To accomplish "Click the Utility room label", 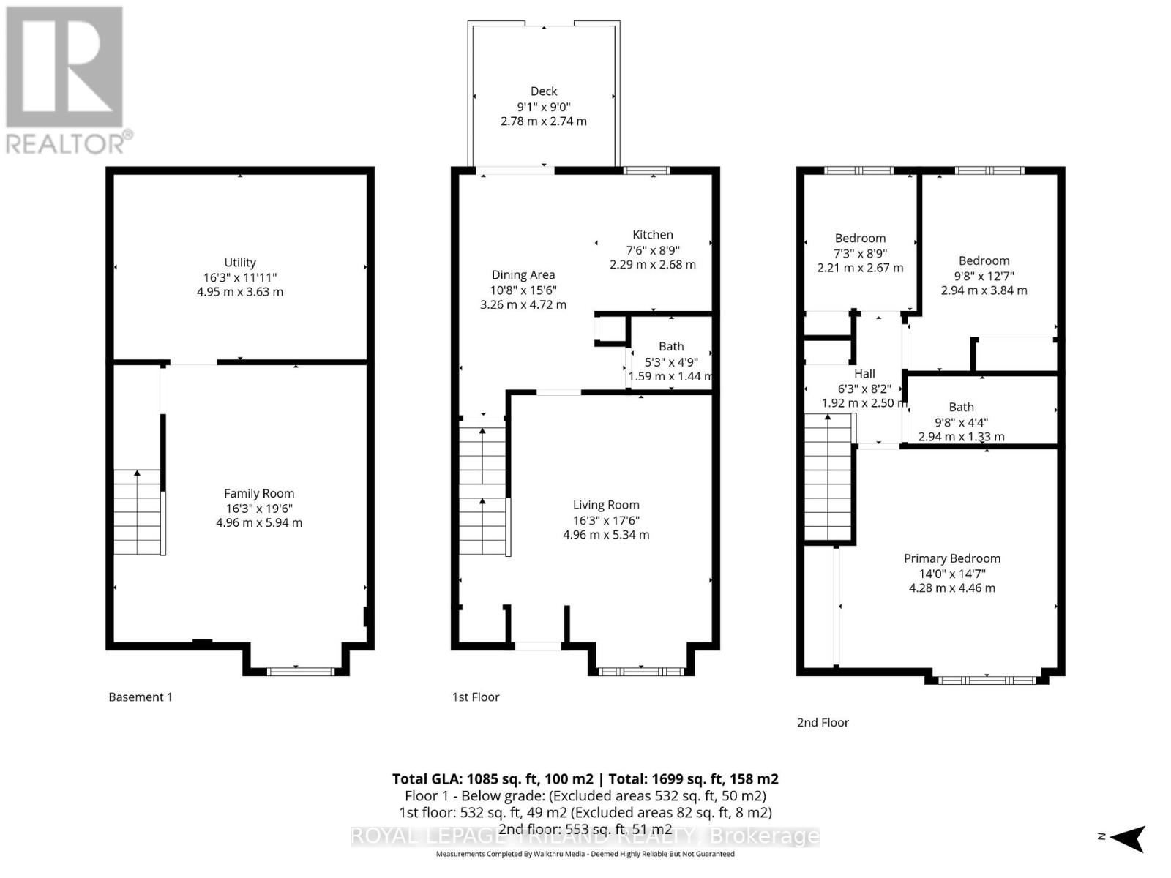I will pyautogui.click(x=240, y=263).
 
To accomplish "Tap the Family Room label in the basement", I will pyautogui.click(x=259, y=494).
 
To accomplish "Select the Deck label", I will pyautogui.click(x=544, y=91).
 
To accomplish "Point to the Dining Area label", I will pyautogui.click(x=523, y=275).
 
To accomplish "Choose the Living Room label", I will pyautogui.click(x=606, y=505).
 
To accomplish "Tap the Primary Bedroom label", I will pyautogui.click(x=951, y=558).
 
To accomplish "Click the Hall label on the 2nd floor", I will pyautogui.click(x=864, y=374).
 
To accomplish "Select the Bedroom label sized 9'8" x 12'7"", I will pyautogui.click(x=984, y=261).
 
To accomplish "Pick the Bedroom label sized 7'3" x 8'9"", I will pyautogui.click(x=860, y=239).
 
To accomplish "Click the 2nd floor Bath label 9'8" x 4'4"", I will pyautogui.click(x=961, y=408).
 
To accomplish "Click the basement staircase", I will pyautogui.click(x=138, y=512).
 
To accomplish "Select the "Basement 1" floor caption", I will pyautogui.click(x=141, y=697).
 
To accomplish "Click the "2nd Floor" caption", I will pyautogui.click(x=823, y=723).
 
